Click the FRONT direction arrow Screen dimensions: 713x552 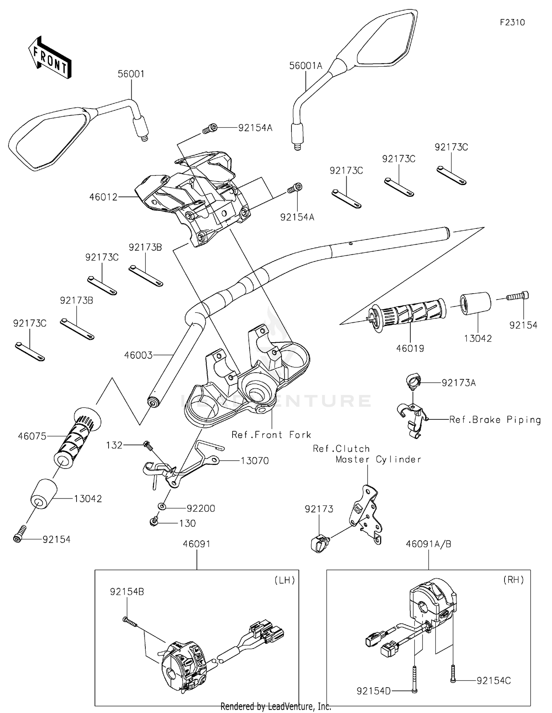50,57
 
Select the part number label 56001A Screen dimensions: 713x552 305,66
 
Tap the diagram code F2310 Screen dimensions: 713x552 512,22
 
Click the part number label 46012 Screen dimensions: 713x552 103,197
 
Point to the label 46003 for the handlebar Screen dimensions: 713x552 138,355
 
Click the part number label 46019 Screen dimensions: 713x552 410,348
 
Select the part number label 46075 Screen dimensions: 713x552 32,436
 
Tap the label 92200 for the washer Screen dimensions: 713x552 201,508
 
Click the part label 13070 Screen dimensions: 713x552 255,461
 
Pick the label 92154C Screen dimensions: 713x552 493,681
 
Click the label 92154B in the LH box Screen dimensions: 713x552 127,592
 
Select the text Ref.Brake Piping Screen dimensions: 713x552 495,420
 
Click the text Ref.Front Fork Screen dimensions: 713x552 271,435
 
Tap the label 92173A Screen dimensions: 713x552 459,383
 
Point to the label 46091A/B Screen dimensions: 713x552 429,544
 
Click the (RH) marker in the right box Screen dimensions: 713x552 513,580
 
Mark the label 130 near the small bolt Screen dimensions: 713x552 187,523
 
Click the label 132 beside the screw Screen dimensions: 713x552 114,445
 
